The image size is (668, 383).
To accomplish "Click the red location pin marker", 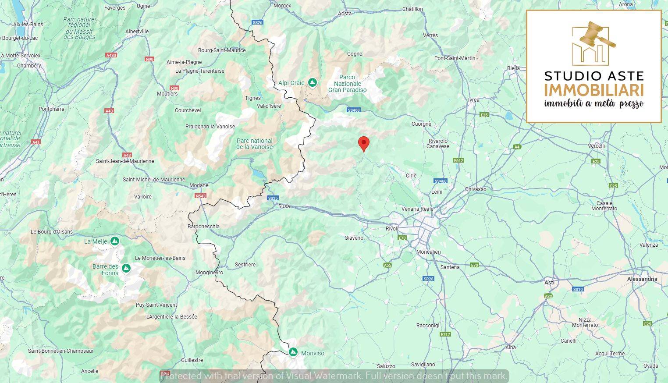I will click(x=363, y=143).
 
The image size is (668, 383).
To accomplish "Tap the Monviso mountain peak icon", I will click(x=293, y=352).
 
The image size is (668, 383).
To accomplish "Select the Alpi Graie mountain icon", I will click(x=312, y=82).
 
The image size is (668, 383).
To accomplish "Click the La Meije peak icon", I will click(x=114, y=241).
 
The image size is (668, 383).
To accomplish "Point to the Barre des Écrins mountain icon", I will click(x=126, y=268).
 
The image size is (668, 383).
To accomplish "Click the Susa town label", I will click(x=284, y=206).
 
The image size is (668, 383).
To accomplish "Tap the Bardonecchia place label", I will click(x=203, y=227).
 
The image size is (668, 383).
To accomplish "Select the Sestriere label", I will click(x=245, y=265).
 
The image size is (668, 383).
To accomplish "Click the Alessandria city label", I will click(x=642, y=279).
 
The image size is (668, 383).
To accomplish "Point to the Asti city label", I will click(x=549, y=283).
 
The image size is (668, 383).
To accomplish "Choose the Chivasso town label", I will click(x=476, y=189).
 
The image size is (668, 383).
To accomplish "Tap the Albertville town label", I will click(x=137, y=32).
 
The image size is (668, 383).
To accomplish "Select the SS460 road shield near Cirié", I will click(x=440, y=181).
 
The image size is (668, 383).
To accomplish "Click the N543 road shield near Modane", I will click(x=201, y=196).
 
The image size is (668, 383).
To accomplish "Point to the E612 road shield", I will click(x=458, y=160).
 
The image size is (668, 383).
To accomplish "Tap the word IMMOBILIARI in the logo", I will click(x=594, y=90).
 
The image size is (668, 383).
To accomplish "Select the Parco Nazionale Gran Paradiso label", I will click(x=347, y=84).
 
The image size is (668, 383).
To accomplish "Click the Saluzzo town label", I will click(x=386, y=366).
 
